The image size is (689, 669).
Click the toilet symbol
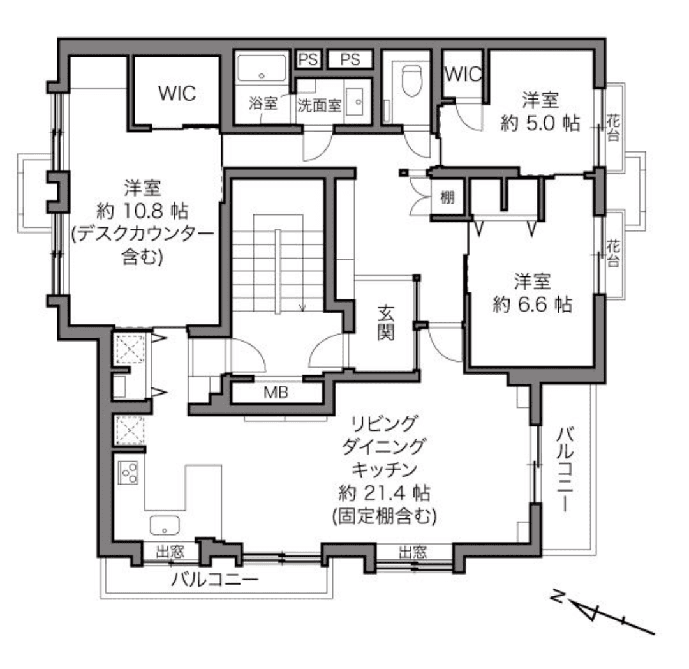click(x=411, y=80)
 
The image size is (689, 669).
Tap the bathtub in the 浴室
click(x=262, y=68)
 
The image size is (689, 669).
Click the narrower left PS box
click(x=308, y=59)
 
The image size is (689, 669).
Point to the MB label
click(x=276, y=392)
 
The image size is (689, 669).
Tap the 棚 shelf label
click(x=447, y=197)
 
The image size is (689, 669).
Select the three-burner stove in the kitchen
click(x=128, y=472)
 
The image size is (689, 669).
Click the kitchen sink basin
click(x=165, y=525)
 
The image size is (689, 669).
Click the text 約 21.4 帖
click(x=384, y=493)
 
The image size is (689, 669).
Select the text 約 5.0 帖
click(x=540, y=123)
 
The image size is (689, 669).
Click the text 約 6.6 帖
click(x=532, y=304)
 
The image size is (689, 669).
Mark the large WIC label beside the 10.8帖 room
click(x=177, y=93)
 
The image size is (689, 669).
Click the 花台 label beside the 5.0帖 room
click(x=613, y=127)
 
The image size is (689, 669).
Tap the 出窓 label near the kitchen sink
click(x=170, y=551)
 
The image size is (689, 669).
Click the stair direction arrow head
click(x=302, y=307)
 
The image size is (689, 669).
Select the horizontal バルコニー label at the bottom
click(x=215, y=580)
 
